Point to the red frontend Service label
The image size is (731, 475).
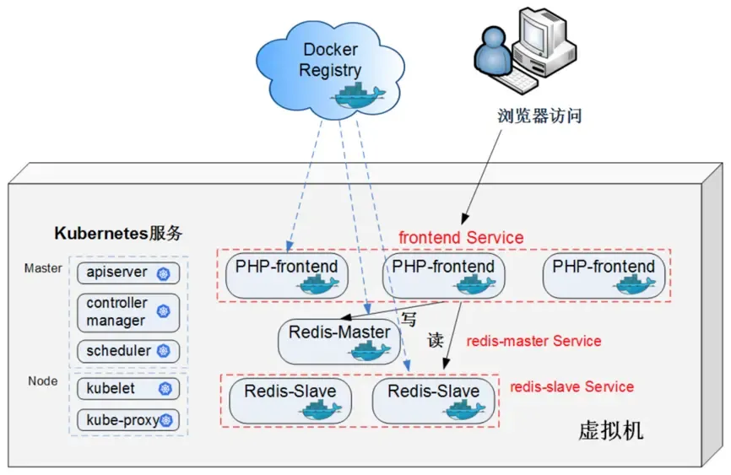[x=461, y=238]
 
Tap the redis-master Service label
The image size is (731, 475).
[x=533, y=342]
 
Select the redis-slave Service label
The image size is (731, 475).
[x=571, y=387]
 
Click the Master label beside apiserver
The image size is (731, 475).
[x=42, y=268]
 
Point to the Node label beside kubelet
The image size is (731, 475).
[x=42, y=381]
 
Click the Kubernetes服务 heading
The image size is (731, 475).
[x=118, y=234]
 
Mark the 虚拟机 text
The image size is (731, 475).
[x=610, y=431]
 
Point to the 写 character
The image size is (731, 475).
[x=409, y=320]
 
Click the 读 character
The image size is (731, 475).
[x=435, y=341]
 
